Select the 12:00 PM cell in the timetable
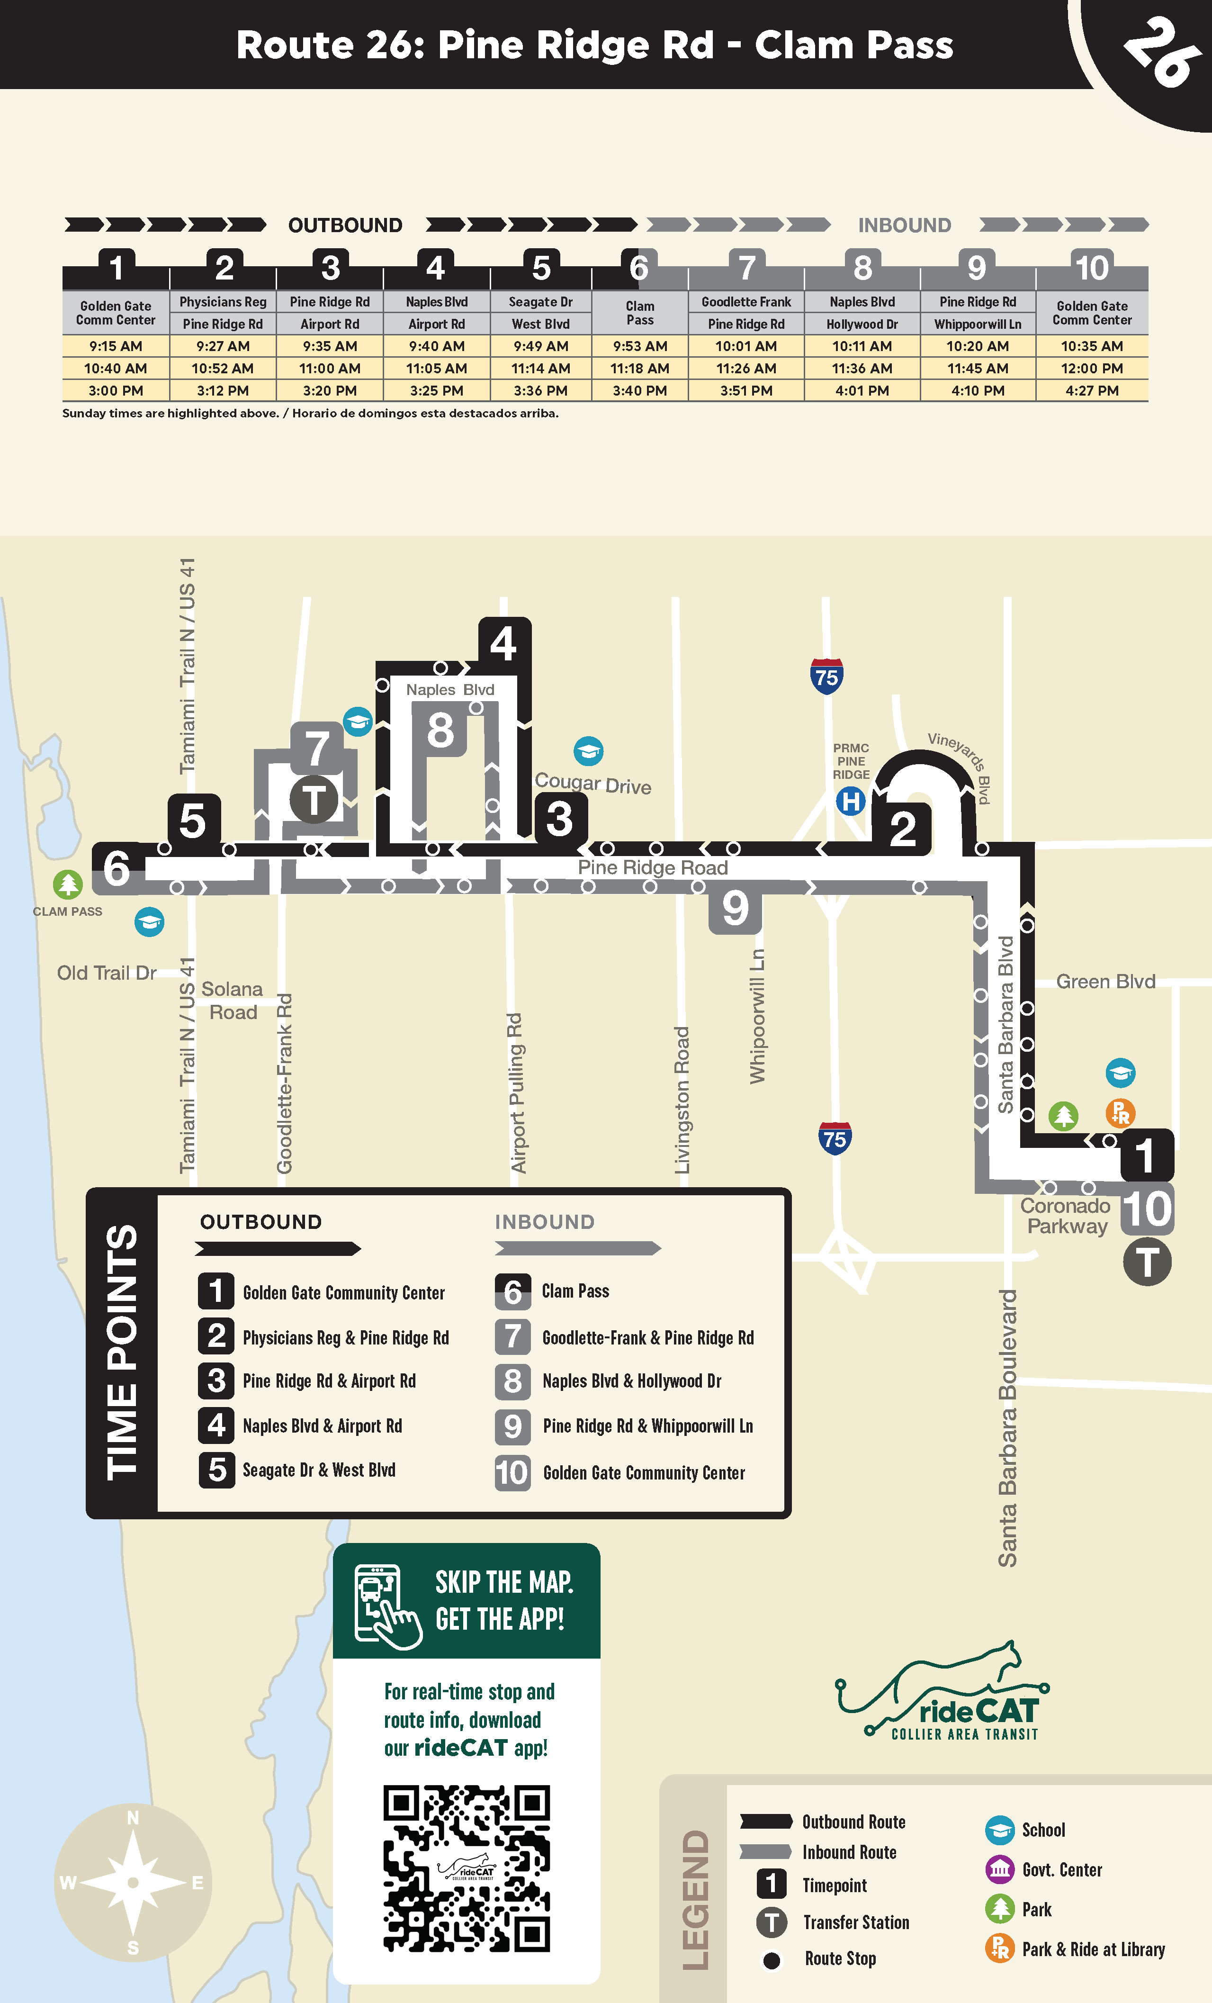(x=1092, y=368)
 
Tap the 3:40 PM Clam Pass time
(x=640, y=391)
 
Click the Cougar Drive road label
(x=593, y=784)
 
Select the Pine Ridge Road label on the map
(x=653, y=867)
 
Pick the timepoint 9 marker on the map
(x=735, y=907)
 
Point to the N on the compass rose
(x=133, y=1818)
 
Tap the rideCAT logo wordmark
(x=978, y=1711)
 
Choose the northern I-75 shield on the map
(x=826, y=677)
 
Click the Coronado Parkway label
(x=1066, y=1216)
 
